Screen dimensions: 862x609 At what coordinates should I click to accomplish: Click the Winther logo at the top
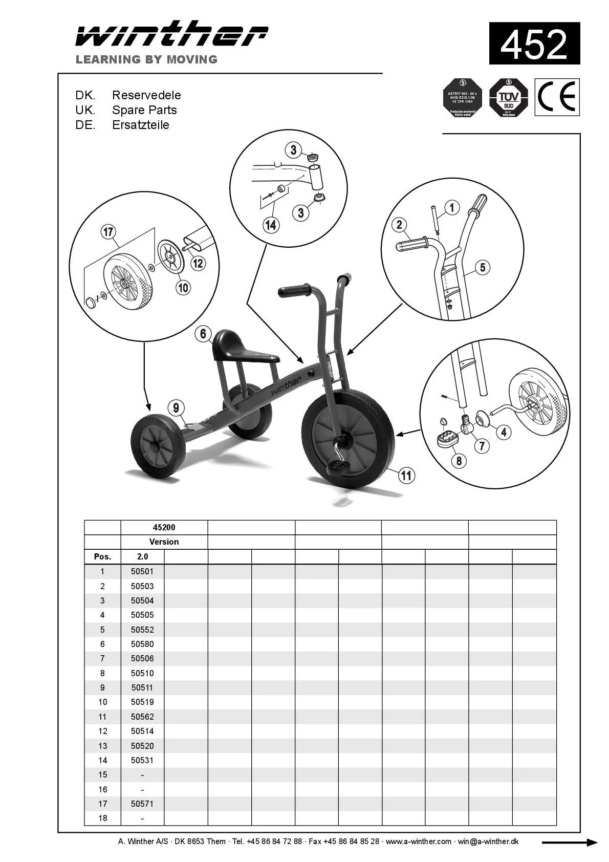[x=171, y=35]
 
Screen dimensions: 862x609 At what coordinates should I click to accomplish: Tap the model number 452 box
[x=534, y=44]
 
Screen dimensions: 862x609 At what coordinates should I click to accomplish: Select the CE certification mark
[x=557, y=97]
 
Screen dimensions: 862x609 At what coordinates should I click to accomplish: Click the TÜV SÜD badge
[x=508, y=98]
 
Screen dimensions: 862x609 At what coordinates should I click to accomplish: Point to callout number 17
[x=108, y=232]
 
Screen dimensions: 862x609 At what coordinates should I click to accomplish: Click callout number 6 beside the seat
[x=203, y=334]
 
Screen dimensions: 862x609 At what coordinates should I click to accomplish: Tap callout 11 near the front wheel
[x=406, y=476]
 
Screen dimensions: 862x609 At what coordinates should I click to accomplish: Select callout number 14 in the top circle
[x=271, y=225]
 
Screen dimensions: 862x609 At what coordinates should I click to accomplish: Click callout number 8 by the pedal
[x=459, y=461]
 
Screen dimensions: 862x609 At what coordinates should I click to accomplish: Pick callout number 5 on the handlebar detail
[x=482, y=267]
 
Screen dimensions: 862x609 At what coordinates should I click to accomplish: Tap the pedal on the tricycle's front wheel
[x=338, y=465]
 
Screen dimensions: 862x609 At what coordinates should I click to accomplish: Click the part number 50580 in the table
[x=142, y=644]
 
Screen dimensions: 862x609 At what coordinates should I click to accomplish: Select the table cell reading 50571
[x=142, y=804]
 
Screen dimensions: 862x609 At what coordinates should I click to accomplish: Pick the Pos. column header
[x=102, y=556]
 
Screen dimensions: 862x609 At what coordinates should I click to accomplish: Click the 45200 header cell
[x=164, y=527]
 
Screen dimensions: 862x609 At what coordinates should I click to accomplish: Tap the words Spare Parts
[x=144, y=110]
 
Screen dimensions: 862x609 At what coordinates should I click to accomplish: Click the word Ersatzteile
[x=141, y=125]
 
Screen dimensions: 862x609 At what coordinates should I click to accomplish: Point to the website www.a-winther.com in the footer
[x=418, y=842]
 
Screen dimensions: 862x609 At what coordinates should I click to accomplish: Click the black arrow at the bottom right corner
[x=569, y=842]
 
